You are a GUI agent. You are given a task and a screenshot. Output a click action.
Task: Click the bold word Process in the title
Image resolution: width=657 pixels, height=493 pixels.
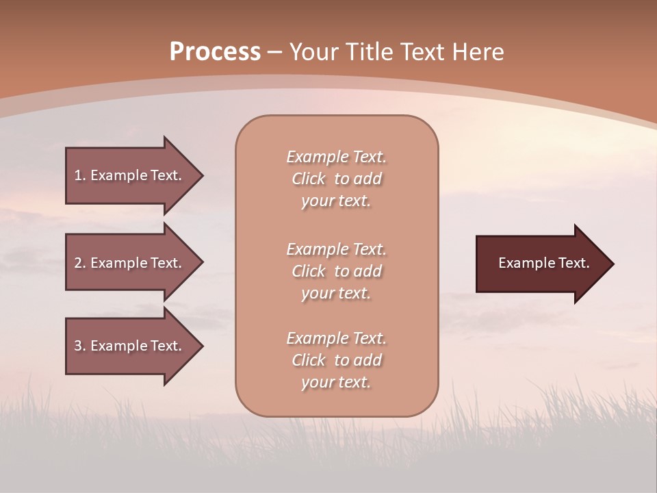click(x=215, y=52)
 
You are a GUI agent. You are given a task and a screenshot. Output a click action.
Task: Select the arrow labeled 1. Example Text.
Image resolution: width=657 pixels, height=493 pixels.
click(x=130, y=175)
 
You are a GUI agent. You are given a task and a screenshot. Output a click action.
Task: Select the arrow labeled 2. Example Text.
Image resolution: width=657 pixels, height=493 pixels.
click(x=130, y=263)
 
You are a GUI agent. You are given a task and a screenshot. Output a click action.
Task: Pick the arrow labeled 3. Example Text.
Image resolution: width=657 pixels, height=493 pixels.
click(x=130, y=346)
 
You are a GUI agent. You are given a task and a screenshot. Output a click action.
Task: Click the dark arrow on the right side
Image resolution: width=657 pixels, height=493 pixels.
click(x=541, y=264)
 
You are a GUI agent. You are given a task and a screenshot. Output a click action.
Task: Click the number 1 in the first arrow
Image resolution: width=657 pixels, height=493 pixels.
click(x=78, y=175)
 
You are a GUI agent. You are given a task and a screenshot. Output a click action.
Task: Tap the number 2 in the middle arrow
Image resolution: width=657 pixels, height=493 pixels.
click(x=78, y=263)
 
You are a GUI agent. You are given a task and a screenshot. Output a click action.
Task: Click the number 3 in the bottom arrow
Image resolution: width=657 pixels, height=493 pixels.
click(x=78, y=346)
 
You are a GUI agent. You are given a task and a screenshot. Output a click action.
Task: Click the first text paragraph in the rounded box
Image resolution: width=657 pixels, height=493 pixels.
click(x=336, y=179)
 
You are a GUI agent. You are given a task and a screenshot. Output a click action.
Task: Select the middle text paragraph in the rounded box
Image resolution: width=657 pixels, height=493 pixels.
click(x=336, y=271)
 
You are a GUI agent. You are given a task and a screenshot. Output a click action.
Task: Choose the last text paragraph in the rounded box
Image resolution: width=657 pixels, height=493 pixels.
click(x=336, y=360)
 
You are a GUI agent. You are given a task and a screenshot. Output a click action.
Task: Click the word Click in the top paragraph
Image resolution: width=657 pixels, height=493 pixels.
click(x=309, y=179)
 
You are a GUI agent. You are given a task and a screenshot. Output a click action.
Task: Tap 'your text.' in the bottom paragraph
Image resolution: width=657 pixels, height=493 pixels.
click(x=336, y=382)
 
